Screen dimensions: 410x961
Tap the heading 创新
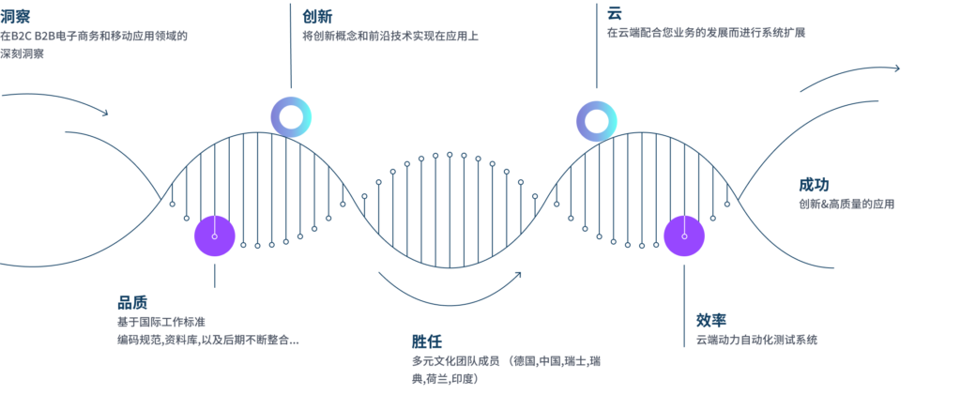pyautogui.click(x=317, y=16)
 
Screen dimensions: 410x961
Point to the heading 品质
pyautogui.click(x=132, y=302)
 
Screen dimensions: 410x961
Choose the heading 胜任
pyautogui.click(x=426, y=341)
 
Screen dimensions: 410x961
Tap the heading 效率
pyautogui.click(x=711, y=318)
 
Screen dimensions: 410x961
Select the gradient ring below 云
pyautogui.click(x=595, y=120)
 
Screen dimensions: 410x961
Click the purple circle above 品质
pyautogui.click(x=215, y=235)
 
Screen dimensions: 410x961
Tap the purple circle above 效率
pyautogui.click(x=684, y=235)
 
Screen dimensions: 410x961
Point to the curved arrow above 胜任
pyautogui.click(x=450, y=293)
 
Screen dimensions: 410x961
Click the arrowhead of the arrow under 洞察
pyautogui.click(x=104, y=114)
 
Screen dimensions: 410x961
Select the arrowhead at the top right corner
pyautogui.click(x=896, y=68)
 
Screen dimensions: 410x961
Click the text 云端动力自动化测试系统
pyautogui.click(x=756, y=340)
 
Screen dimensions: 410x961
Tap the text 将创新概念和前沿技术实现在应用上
pyautogui.click(x=390, y=37)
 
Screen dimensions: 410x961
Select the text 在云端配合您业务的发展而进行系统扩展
pyautogui.click(x=706, y=33)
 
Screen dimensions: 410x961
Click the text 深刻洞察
pyautogui.click(x=23, y=53)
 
